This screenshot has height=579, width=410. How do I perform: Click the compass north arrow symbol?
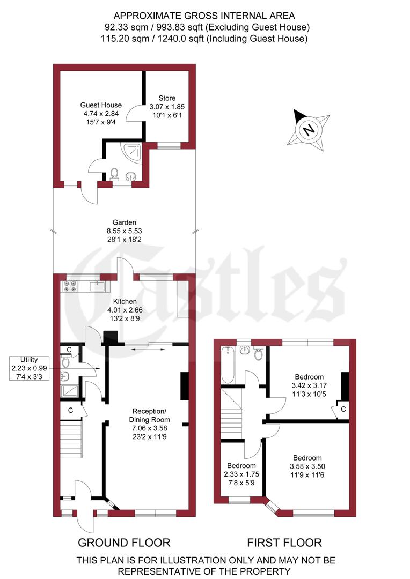pyautogui.click(x=308, y=129)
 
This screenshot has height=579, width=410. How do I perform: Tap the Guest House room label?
pyautogui.click(x=101, y=105)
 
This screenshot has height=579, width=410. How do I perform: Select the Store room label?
pyautogui.click(x=166, y=98)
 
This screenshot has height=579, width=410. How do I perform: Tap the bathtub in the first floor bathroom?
pyautogui.click(x=228, y=366)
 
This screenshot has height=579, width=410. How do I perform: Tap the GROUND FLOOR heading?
pyautogui.click(x=124, y=542)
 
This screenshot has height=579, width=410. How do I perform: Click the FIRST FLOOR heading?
pyautogui.click(x=284, y=542)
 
